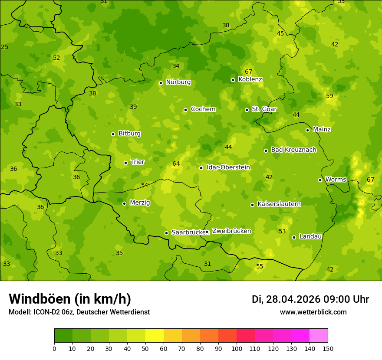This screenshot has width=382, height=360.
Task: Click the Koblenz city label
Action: pos(250,79)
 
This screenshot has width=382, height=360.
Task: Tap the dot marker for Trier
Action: pos(126,163)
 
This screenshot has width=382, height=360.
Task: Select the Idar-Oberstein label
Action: pos(228,167)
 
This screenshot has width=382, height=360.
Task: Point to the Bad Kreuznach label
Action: pos(293,150)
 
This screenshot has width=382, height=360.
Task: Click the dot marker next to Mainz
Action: pos(307,130)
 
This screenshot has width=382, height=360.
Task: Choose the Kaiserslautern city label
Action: pos(279,204)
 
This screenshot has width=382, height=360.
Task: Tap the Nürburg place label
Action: pos(178,82)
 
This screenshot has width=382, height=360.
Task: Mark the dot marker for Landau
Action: pos(294,237)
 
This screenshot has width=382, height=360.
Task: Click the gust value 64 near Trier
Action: pos(176,164)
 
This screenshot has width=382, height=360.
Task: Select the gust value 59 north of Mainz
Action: pos(329,96)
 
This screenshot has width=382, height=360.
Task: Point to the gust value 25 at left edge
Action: pos(5,47)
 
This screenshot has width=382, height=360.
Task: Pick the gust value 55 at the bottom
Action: pos(260,266)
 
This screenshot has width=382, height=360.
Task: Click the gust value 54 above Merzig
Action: pos(145,185)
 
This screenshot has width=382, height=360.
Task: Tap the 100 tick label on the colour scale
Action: pos(237,348)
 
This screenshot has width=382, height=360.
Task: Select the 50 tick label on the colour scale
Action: pos(145,348)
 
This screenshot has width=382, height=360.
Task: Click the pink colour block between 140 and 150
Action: pos(319,336)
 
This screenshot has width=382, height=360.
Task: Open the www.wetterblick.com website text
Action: pos(313,312)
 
